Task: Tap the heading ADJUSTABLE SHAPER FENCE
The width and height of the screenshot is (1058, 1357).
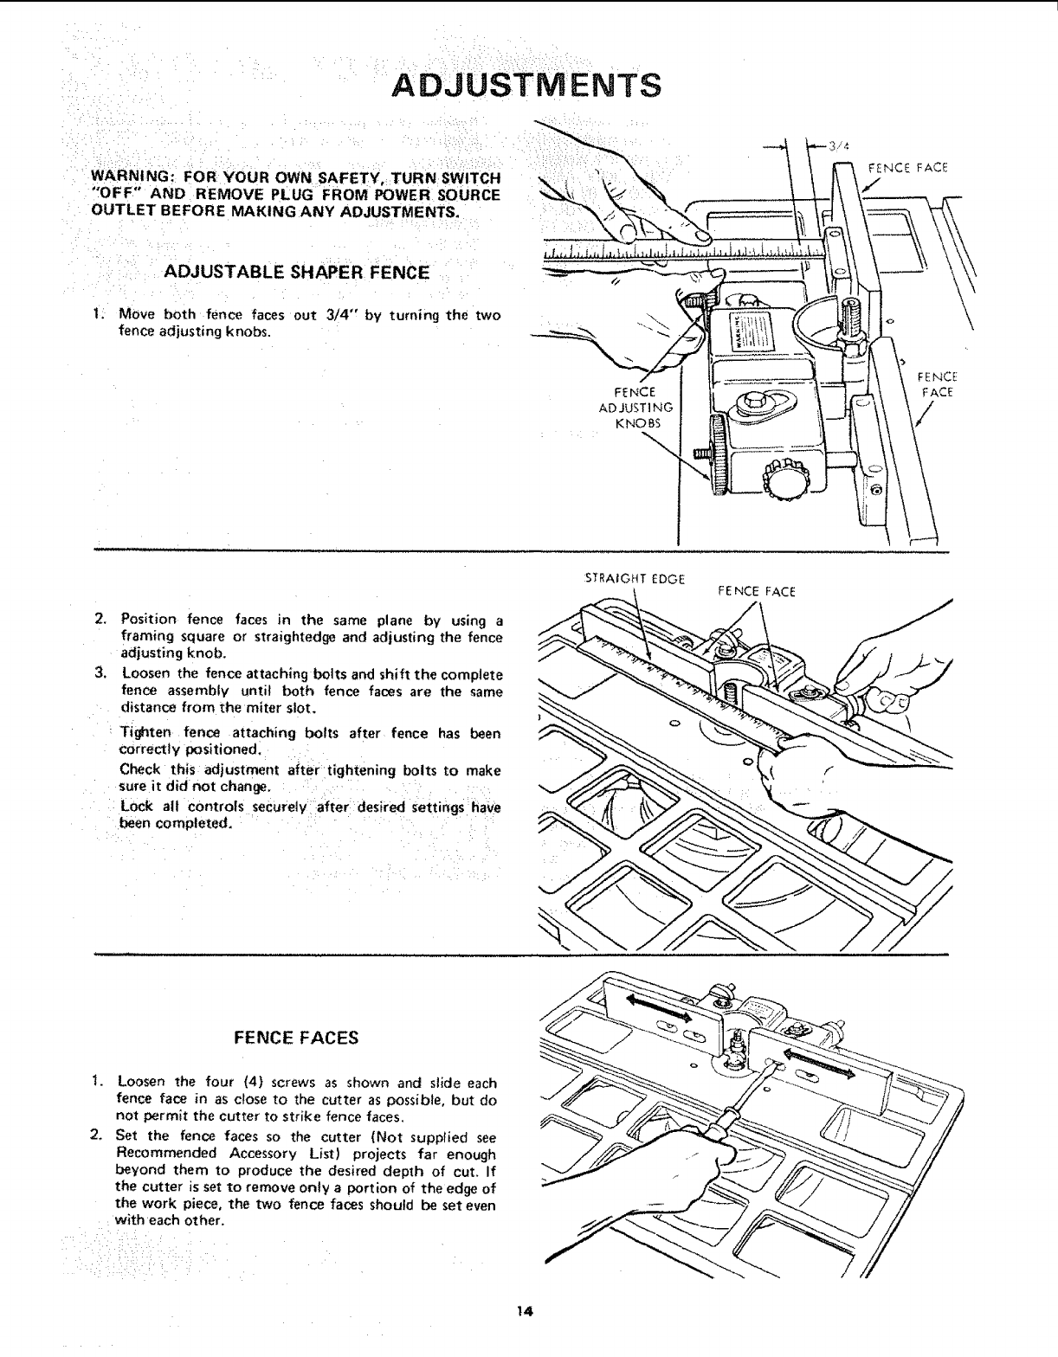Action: (296, 273)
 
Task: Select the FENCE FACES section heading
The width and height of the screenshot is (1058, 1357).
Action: (296, 1038)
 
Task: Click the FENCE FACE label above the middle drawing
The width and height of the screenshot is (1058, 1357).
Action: (756, 592)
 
